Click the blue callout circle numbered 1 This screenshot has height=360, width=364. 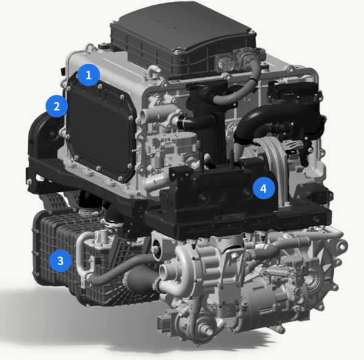point(89,75)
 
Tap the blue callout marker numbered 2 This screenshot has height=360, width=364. point(56,107)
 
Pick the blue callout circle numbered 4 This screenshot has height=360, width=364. point(263,188)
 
